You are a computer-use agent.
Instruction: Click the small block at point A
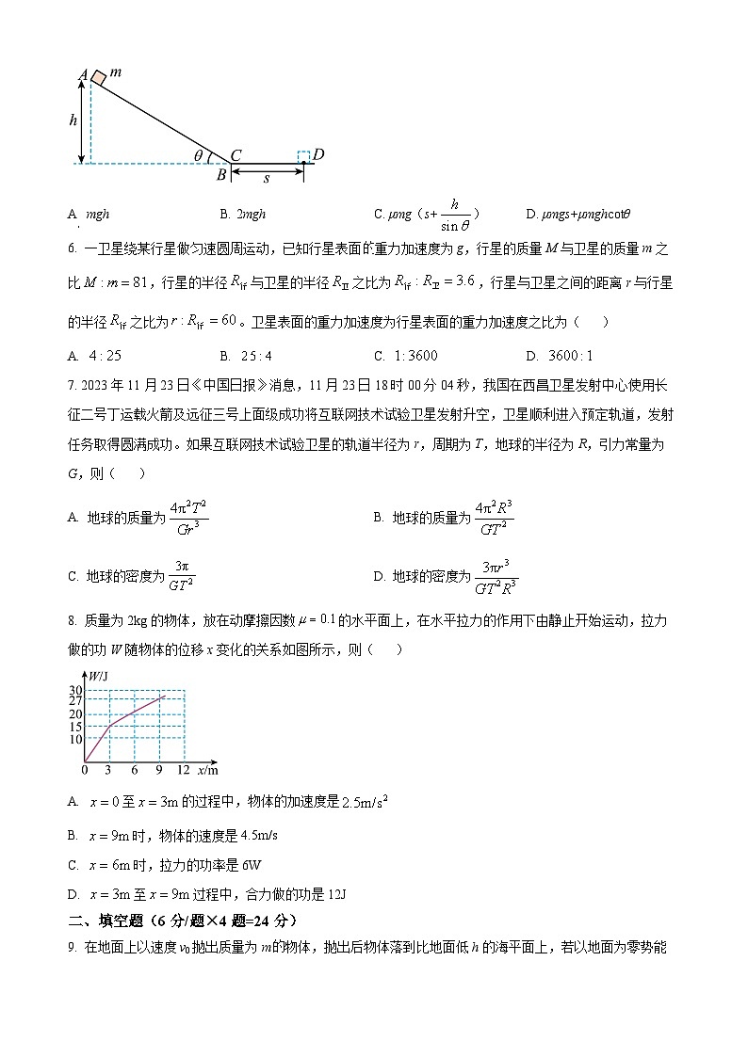[x=98, y=75]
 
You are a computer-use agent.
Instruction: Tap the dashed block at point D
[x=303, y=155]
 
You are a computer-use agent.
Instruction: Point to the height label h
[x=73, y=120]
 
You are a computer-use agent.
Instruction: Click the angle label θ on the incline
[x=198, y=155]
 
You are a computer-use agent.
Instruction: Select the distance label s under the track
[x=267, y=177]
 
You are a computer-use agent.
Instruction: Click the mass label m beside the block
[x=115, y=72]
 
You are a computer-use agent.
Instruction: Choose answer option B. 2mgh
[x=243, y=215]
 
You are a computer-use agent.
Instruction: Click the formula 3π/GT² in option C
[x=181, y=575]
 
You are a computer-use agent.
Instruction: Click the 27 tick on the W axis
[x=75, y=700]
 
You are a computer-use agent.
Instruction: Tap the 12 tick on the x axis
[x=183, y=770]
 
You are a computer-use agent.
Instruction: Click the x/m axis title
[x=208, y=770]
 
